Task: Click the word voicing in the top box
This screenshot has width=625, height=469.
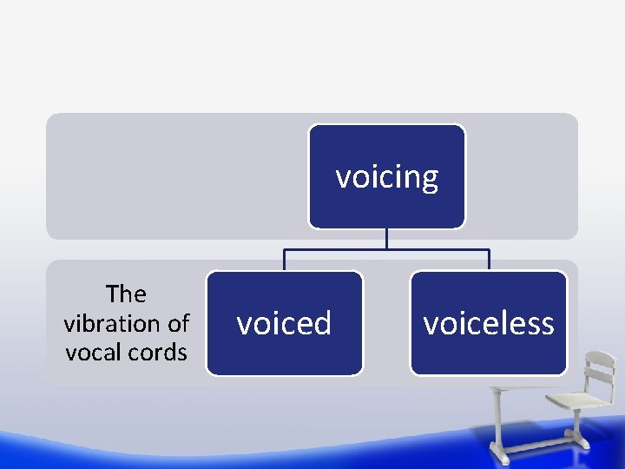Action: click(387, 177)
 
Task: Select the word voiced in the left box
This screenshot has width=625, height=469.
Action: click(284, 323)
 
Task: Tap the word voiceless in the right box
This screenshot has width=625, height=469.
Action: click(488, 323)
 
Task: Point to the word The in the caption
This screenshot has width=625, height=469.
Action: click(126, 294)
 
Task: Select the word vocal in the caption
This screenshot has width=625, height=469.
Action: click(94, 353)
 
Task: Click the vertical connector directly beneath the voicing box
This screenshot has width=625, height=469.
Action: click(387, 240)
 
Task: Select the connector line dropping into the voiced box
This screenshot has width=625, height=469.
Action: click(285, 261)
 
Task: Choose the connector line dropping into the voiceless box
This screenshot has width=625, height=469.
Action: click(489, 261)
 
